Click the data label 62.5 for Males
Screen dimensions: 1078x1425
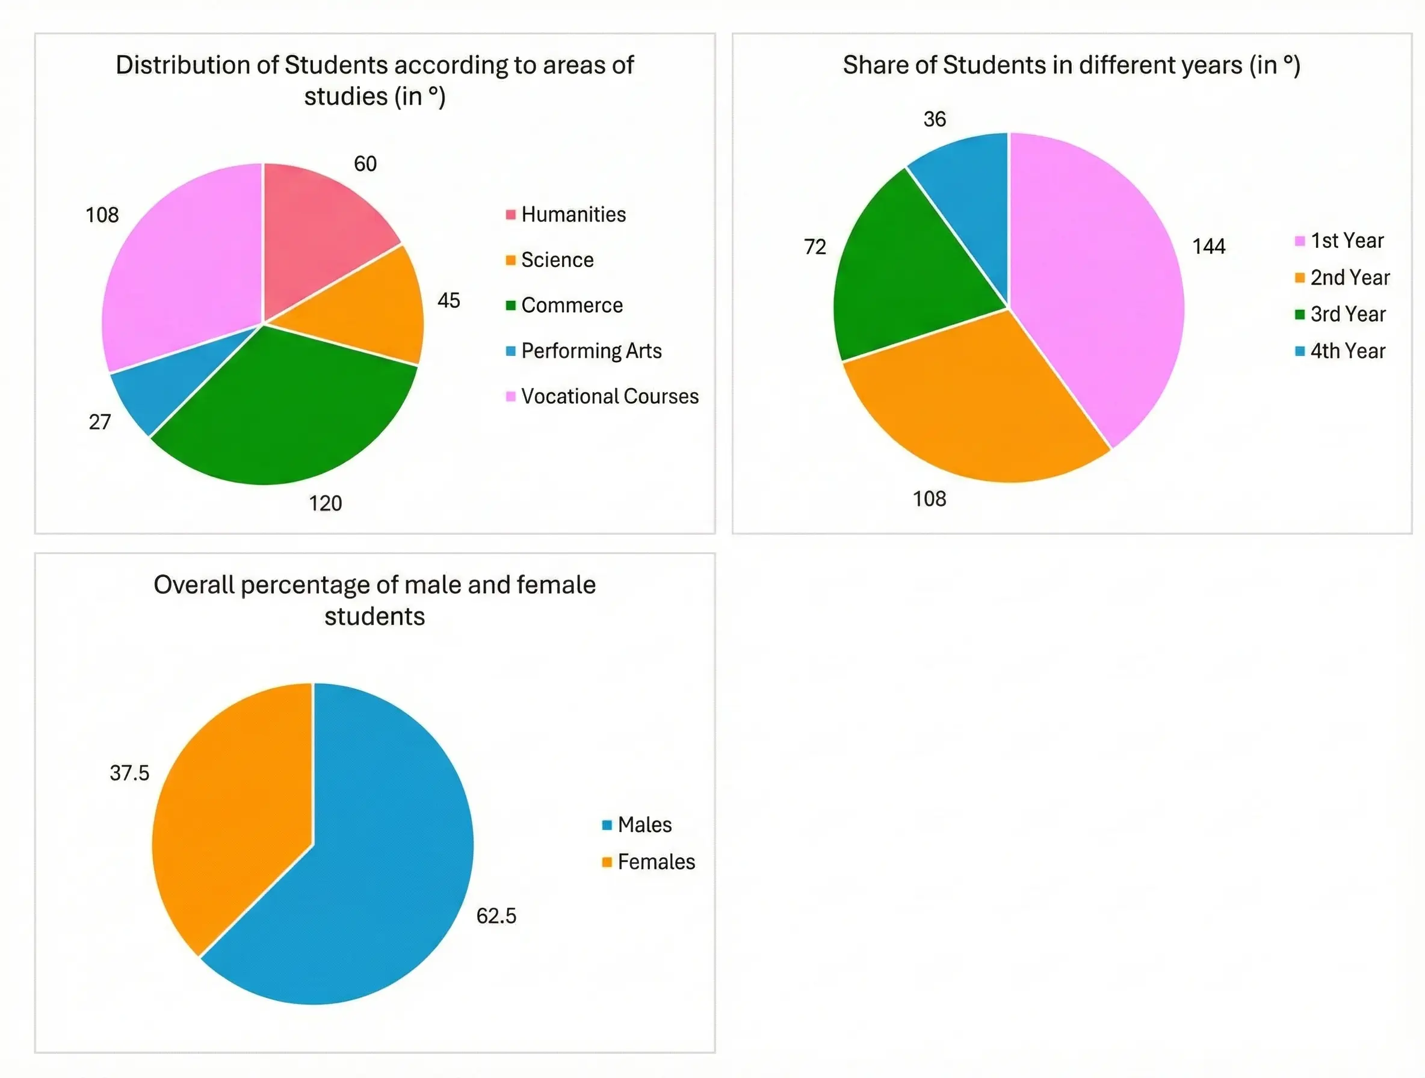pos(496,916)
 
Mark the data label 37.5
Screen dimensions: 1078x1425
pos(129,773)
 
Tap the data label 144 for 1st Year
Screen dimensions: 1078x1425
pos(1208,247)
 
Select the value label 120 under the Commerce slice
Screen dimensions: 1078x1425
pos(326,504)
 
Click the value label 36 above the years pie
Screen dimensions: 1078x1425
pos(935,119)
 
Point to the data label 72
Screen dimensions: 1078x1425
pos(815,247)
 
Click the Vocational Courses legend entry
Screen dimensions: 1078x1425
pos(610,396)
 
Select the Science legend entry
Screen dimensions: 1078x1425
pos(557,260)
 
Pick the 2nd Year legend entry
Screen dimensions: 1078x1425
pos(1350,277)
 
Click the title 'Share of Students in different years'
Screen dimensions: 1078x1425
pos(1071,66)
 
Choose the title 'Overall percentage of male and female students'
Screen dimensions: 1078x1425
pos(374,600)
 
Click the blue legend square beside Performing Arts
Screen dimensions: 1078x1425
pos(511,351)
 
